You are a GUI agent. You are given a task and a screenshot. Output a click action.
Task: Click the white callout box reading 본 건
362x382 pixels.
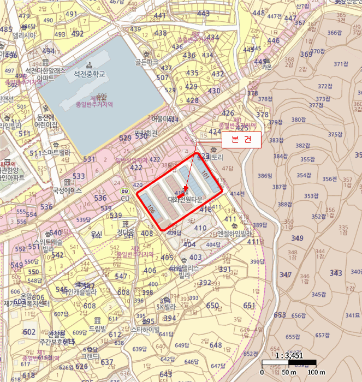pyautogui.click(x=241, y=140)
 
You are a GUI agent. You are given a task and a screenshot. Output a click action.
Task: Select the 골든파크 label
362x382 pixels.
pyautogui.click(x=147, y=63)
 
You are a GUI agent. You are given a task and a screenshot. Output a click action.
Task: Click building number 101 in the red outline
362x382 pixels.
pyautogui.click(x=205, y=176)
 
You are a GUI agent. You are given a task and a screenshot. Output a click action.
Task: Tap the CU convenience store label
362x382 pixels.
pyautogui.click(x=126, y=197)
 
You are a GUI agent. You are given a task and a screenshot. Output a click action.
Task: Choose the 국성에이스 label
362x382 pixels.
pyautogui.click(x=67, y=191)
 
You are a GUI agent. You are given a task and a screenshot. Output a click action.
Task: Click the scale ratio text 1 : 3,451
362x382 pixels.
pyautogui.click(x=289, y=355)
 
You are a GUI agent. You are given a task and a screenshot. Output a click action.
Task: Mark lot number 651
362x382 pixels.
pyautogui.click(x=249, y=305)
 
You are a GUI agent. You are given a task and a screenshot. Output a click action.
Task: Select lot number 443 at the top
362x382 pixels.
pyautogui.click(x=204, y=14)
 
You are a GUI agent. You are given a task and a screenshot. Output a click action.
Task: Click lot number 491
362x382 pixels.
pyautogui.click(x=71, y=14)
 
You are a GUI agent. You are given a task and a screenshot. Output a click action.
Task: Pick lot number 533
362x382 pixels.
pyautogui.click(x=79, y=176)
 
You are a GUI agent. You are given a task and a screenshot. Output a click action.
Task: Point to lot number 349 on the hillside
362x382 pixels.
pyautogui.click(x=297, y=238)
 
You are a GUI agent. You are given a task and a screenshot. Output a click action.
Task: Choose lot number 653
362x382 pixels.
pyautogui.click(x=280, y=315)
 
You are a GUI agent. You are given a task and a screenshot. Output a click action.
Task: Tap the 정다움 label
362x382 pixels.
pyautogui.click(x=125, y=232)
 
